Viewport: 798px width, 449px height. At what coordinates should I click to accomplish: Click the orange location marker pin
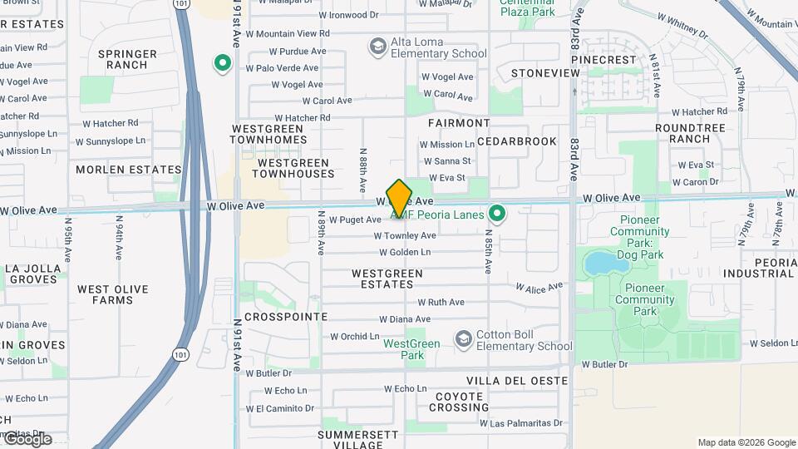click(x=400, y=198)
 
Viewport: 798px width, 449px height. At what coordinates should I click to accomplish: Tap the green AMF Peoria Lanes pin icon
click(x=497, y=215)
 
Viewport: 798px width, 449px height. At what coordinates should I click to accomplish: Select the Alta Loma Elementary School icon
click(x=378, y=45)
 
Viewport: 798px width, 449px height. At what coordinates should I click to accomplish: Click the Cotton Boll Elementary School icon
click(x=463, y=339)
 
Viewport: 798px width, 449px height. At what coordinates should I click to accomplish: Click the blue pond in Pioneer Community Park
click(x=606, y=264)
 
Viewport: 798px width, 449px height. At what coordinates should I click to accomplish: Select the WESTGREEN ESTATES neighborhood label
click(x=387, y=279)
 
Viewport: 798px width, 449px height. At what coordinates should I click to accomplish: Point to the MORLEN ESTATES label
click(x=128, y=170)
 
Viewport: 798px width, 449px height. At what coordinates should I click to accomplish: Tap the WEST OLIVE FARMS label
click(x=113, y=295)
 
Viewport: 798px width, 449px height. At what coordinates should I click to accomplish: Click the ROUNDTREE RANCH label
click(x=690, y=134)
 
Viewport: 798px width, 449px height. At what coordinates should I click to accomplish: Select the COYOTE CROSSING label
click(x=459, y=402)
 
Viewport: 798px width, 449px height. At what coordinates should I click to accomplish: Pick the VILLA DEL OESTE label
click(x=517, y=381)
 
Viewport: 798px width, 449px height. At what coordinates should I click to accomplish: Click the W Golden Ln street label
click(x=406, y=252)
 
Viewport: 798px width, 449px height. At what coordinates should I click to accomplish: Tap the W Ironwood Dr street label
click(x=348, y=15)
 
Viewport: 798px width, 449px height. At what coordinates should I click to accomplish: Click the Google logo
click(x=27, y=439)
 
